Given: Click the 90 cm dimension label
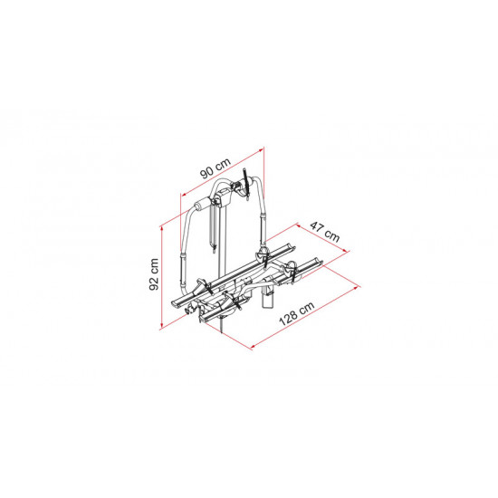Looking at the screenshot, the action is (215, 168).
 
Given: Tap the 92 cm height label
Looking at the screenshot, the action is (154, 274).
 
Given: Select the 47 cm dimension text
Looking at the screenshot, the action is (324, 232).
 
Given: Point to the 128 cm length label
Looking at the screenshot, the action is (297, 313).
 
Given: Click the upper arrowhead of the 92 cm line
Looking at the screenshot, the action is (162, 228).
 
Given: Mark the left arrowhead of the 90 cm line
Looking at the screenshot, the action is (183, 194).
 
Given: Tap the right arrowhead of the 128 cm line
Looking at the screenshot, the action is (357, 287).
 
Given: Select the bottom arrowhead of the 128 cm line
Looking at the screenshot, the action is (254, 347).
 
